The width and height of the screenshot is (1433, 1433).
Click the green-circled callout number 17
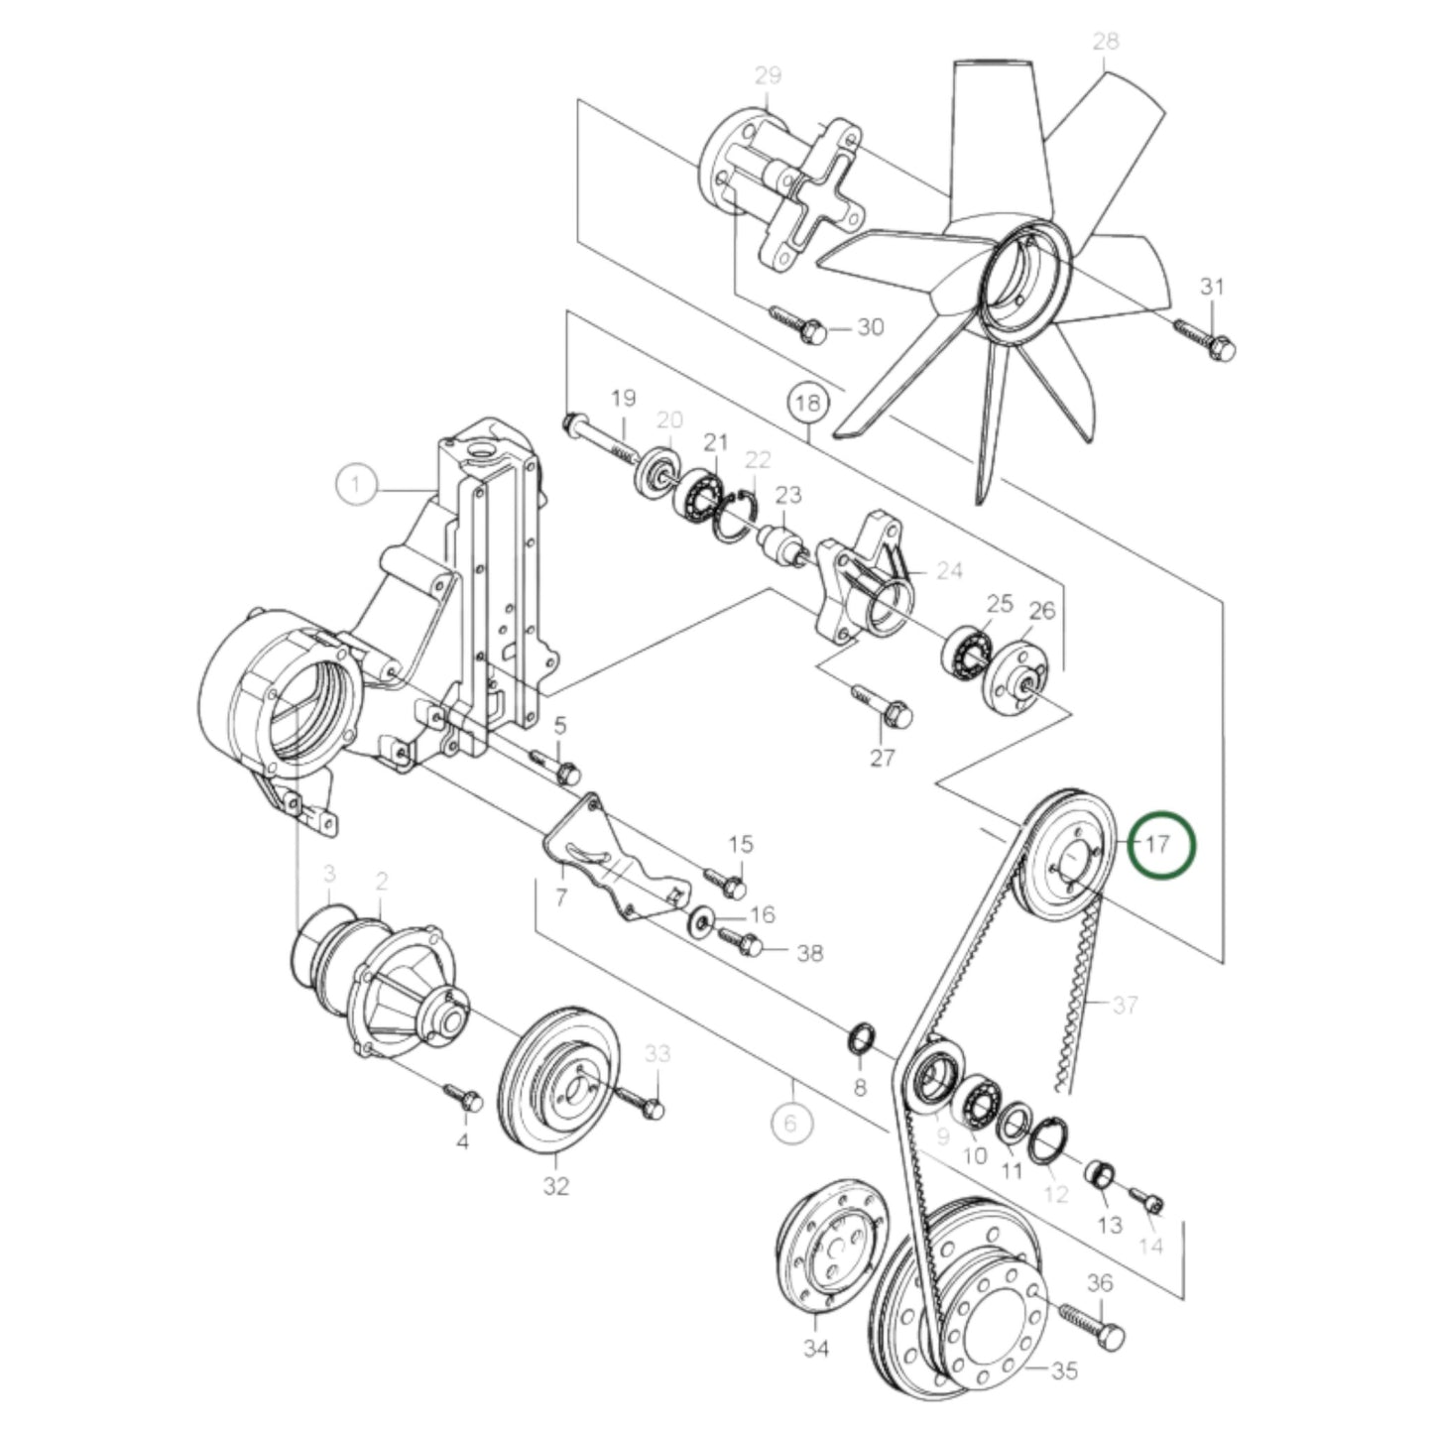point(1165,845)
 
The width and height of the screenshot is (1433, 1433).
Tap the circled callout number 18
point(808,404)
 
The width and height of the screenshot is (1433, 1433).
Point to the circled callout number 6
point(790,1123)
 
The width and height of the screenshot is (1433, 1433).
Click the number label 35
point(1064,1372)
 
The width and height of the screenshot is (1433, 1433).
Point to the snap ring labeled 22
point(738,516)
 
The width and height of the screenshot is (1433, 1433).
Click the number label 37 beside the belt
point(1124,1006)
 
